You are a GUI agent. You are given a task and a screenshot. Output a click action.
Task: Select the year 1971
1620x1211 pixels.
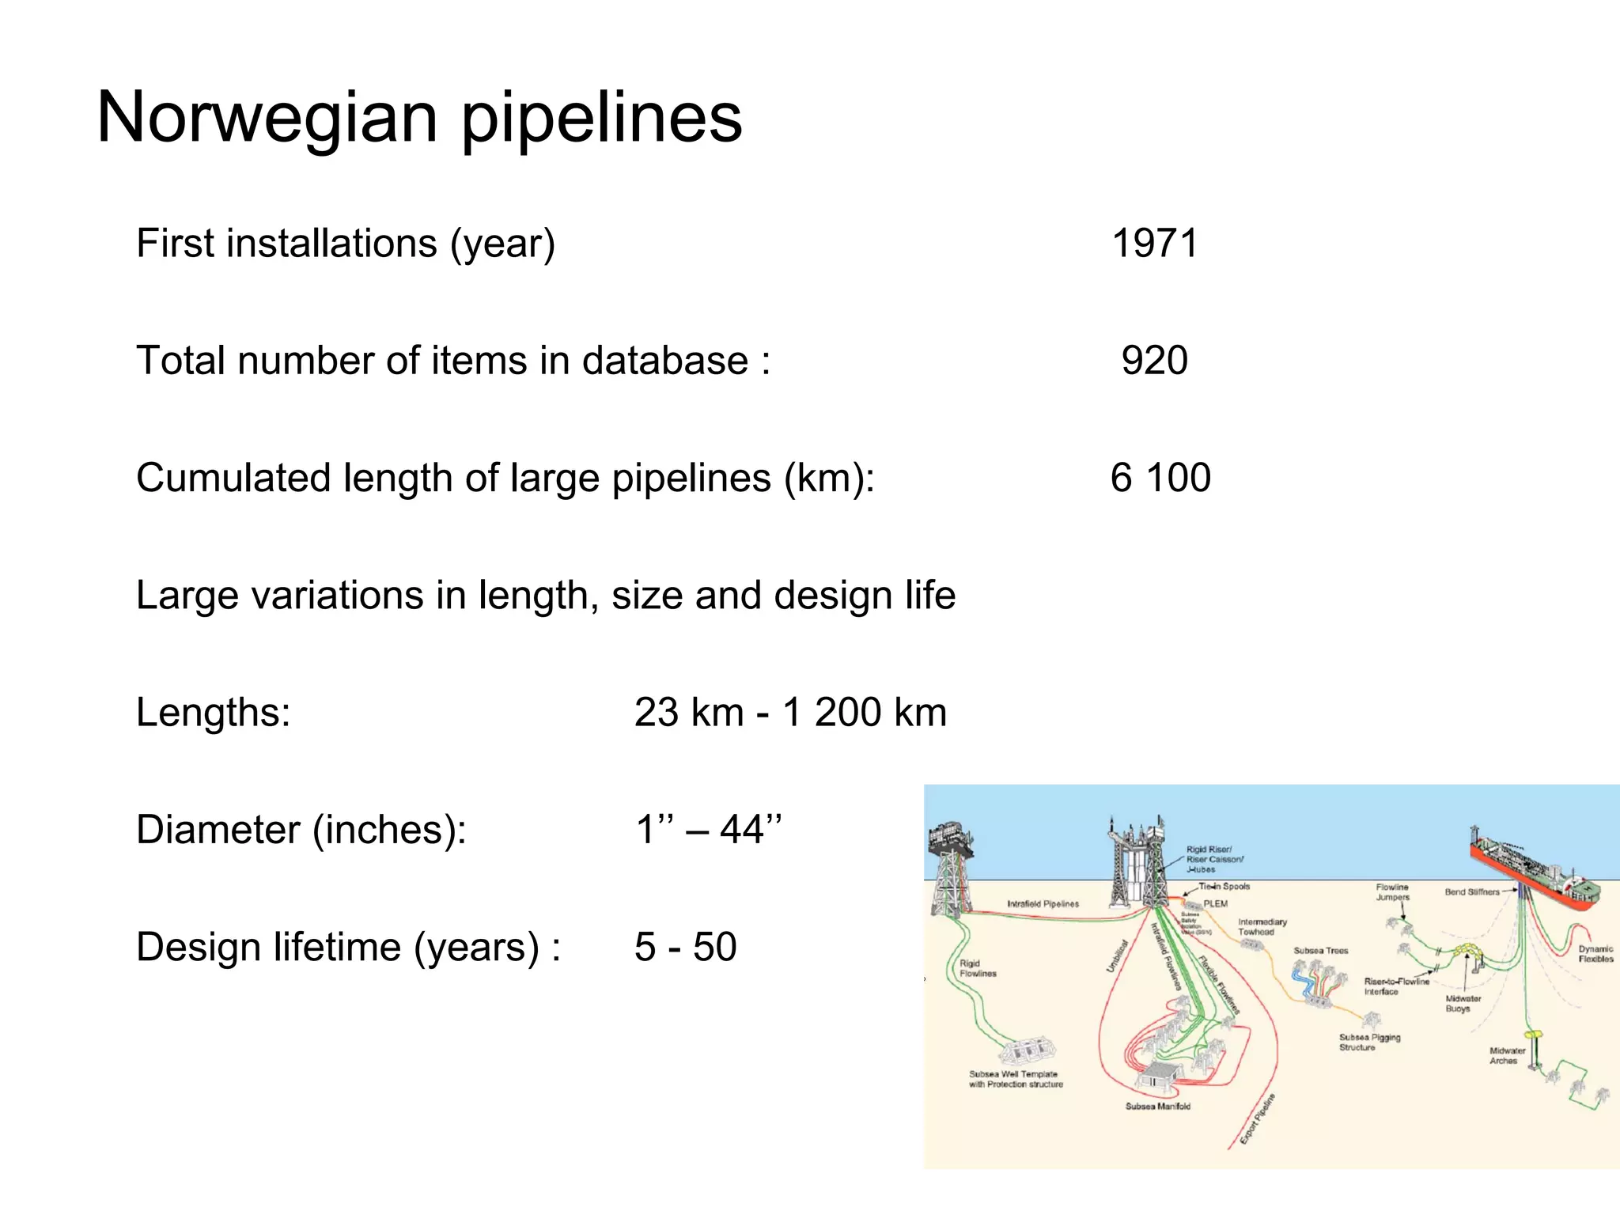pos(1155,243)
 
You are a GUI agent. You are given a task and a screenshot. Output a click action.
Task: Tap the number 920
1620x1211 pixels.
pos(1154,361)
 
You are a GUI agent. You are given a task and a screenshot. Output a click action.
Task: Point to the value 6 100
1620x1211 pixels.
pos(1160,478)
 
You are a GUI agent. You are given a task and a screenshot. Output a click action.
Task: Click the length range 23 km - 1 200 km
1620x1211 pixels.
pos(790,712)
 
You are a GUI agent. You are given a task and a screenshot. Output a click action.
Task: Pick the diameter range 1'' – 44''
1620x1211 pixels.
pos(708,830)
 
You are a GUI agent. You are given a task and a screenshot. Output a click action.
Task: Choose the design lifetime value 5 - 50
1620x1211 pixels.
pos(685,947)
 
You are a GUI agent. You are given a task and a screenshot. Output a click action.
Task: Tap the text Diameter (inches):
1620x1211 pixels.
pos(301,830)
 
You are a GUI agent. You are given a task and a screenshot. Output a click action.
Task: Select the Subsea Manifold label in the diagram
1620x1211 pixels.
pos(1158,1107)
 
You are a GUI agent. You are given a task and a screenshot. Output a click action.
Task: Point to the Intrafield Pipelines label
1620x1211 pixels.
pos(1043,903)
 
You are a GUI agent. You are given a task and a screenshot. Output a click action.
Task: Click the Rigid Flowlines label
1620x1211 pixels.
pos(978,968)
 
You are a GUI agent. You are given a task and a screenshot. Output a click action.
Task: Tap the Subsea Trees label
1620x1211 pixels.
pos(1321,951)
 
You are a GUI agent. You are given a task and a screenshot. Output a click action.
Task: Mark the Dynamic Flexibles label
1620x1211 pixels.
pos(1595,954)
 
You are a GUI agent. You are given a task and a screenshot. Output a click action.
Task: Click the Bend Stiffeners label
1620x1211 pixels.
pos(1472,892)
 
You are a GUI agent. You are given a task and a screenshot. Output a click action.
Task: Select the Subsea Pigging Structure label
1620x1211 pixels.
pos(1369,1042)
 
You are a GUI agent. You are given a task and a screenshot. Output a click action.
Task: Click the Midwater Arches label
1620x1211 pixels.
pos(1507,1056)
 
